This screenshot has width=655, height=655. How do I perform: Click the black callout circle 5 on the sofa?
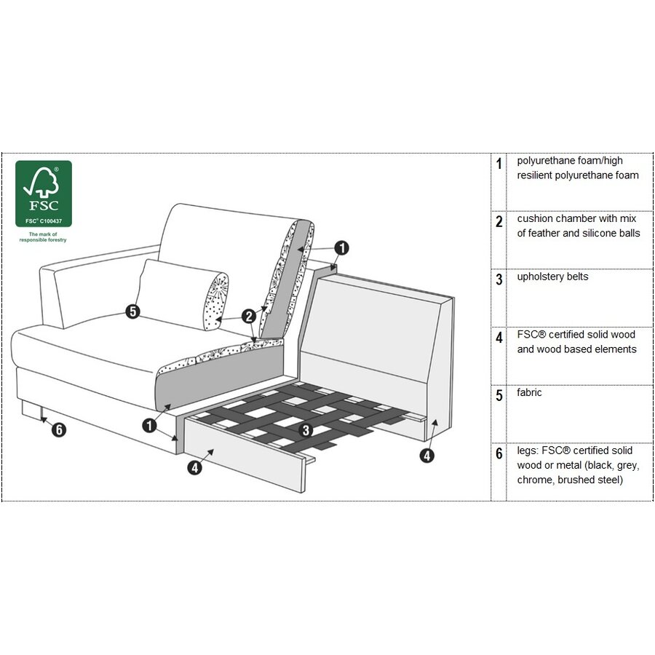[133, 311]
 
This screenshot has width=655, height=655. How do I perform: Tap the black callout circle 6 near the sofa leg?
[59, 429]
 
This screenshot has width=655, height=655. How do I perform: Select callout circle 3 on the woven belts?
[306, 430]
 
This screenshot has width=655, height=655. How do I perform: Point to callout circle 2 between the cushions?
[250, 317]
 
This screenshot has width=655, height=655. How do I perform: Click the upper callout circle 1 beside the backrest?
[342, 247]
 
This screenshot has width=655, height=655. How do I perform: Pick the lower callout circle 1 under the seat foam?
[149, 426]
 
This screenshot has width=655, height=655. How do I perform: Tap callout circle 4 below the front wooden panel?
[195, 467]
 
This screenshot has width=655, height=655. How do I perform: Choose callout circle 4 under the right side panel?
[427, 456]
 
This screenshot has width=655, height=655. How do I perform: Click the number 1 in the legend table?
[499, 163]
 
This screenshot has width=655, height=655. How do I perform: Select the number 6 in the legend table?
[499, 453]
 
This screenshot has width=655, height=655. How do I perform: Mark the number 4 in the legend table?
[499, 337]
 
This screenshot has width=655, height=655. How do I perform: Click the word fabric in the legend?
[529, 392]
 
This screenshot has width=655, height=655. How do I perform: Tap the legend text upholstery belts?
[552, 277]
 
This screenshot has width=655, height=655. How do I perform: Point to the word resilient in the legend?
[535, 175]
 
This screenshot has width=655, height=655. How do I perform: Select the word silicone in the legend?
[595, 233]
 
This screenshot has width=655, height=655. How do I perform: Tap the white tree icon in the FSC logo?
[42, 182]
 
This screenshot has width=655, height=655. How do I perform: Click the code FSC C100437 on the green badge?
[44, 221]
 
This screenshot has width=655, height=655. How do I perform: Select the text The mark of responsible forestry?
[43, 237]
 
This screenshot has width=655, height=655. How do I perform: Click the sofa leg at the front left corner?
[32, 409]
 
